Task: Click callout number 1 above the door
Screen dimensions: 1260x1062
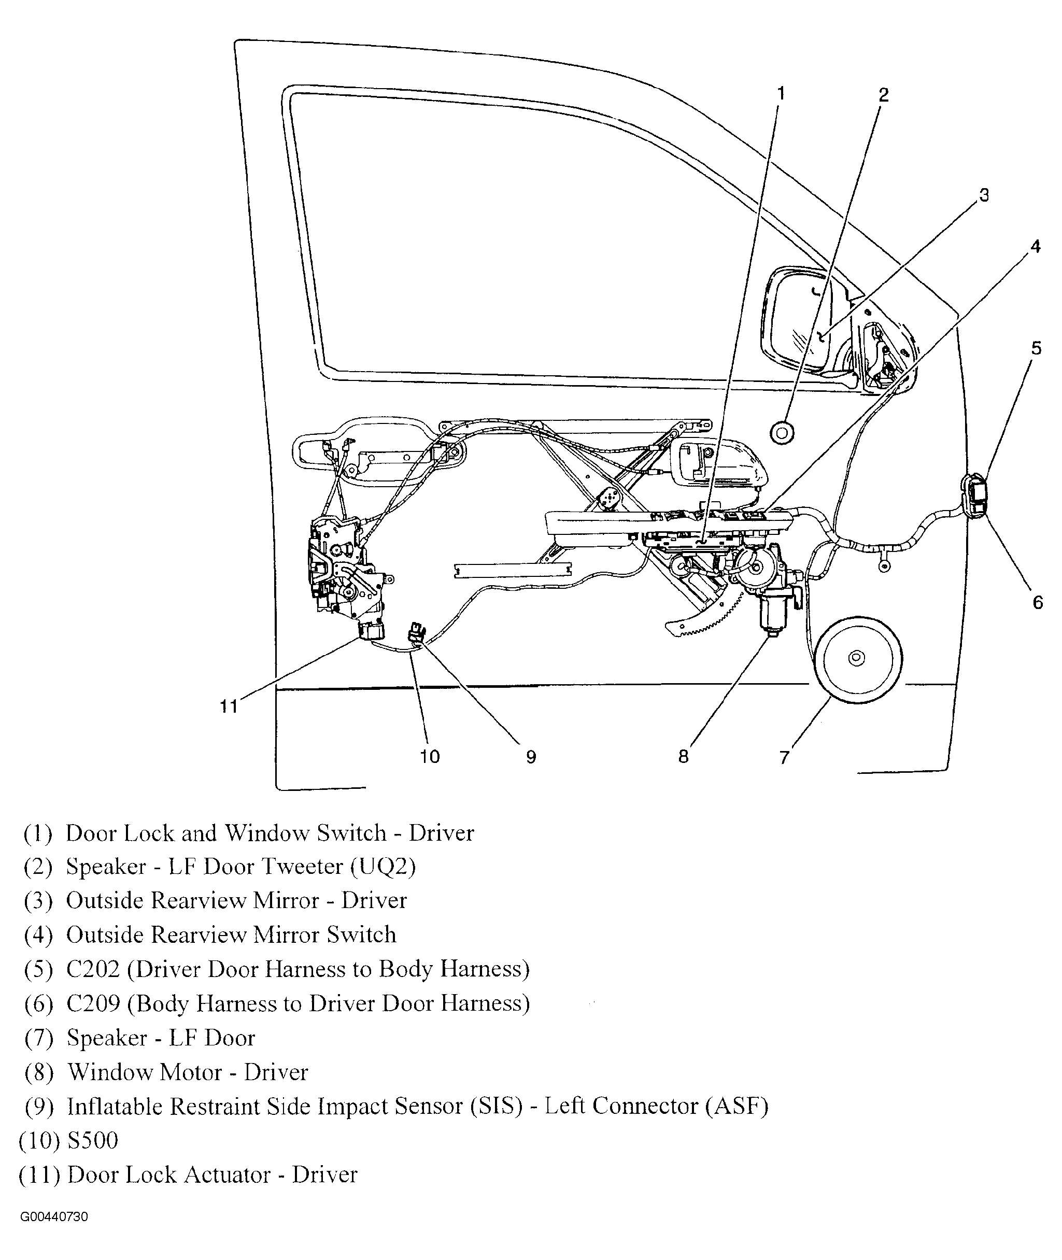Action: click(781, 93)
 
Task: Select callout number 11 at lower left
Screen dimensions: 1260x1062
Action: click(229, 705)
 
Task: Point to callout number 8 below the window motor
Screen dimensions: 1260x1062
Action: click(683, 756)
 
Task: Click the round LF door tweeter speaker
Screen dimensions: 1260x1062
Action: click(782, 432)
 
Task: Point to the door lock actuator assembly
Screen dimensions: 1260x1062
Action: click(343, 572)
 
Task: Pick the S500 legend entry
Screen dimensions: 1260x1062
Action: click(92, 1140)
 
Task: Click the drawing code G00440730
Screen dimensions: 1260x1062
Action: click(54, 1216)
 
